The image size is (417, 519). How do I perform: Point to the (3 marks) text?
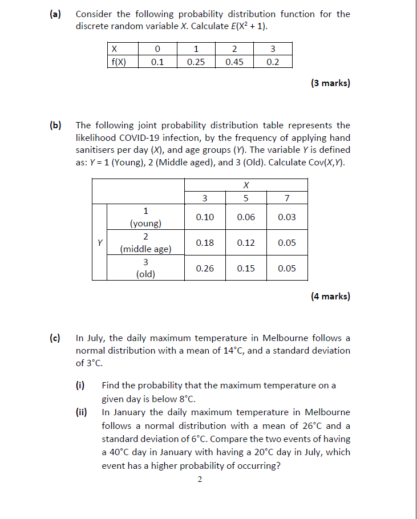click(330, 83)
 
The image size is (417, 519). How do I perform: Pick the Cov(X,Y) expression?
click(326, 163)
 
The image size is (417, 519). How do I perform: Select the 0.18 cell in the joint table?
click(205, 243)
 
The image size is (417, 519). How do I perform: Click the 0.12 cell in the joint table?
click(246, 243)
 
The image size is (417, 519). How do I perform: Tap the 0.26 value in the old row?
click(205, 269)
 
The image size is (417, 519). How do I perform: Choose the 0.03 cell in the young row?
click(287, 217)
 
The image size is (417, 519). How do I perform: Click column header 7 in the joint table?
click(287, 198)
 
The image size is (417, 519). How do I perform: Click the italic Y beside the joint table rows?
click(100, 242)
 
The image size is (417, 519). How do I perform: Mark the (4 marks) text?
click(330, 296)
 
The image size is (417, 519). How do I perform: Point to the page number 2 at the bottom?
click(199, 480)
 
